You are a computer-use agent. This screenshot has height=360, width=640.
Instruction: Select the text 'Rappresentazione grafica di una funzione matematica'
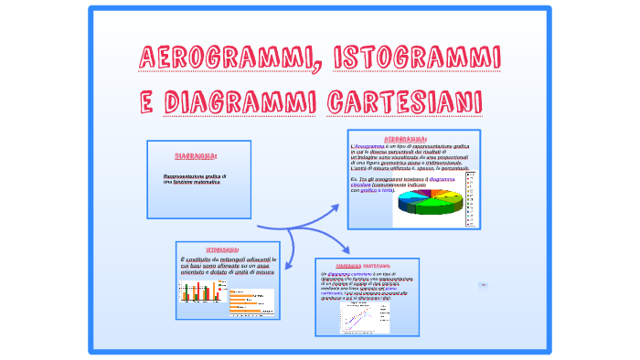pos(195,178)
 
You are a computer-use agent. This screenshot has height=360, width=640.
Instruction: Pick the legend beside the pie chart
pos(471,198)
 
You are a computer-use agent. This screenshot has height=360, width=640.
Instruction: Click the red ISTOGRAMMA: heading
pos(223,249)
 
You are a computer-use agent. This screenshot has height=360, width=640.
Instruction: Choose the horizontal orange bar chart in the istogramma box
pos(250,299)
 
